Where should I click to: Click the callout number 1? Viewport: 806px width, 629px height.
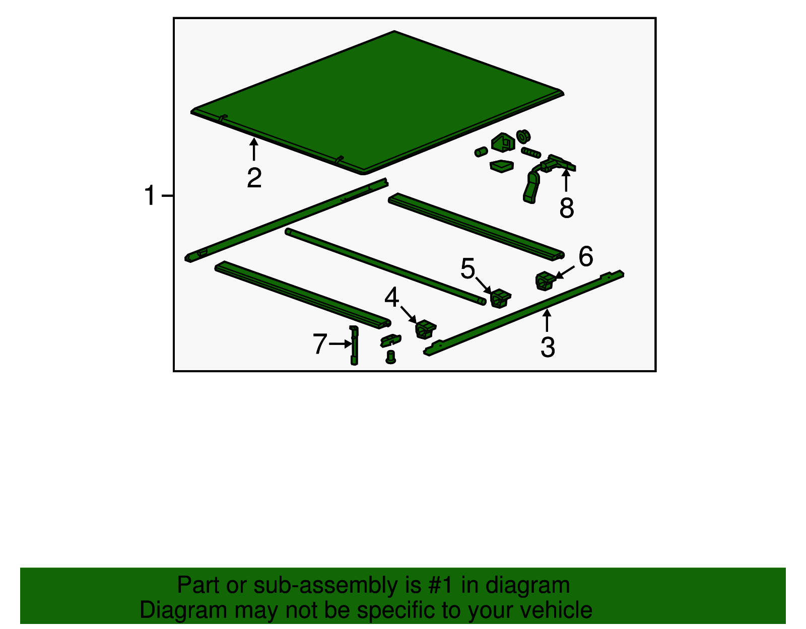pyautogui.click(x=150, y=195)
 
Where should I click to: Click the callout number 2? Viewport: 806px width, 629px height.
pyautogui.click(x=254, y=178)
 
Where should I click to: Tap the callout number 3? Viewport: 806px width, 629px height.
pyautogui.click(x=548, y=347)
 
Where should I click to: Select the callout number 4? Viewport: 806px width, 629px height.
pyautogui.click(x=392, y=297)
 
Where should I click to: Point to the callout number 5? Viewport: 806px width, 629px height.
pyautogui.click(x=467, y=268)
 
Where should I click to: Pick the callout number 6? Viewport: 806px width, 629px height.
pyautogui.click(x=586, y=256)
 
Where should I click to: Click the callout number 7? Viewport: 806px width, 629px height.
pyautogui.click(x=320, y=343)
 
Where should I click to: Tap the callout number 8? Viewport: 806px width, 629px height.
pyautogui.click(x=567, y=207)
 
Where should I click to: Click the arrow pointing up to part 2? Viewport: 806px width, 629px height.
pyautogui.click(x=254, y=149)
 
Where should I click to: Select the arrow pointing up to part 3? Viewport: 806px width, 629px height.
pyautogui.click(x=547, y=320)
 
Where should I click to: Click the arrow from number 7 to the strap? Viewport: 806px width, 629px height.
pyautogui.click(x=341, y=344)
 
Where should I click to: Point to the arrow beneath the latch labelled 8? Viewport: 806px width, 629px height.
pyautogui.click(x=566, y=180)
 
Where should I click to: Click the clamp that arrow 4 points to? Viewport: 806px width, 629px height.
pyautogui.click(x=425, y=329)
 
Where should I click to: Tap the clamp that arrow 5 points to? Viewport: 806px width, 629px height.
pyautogui.click(x=500, y=298)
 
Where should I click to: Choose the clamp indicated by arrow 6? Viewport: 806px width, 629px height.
pyautogui.click(x=545, y=281)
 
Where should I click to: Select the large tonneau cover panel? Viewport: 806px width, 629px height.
pyautogui.click(x=377, y=102)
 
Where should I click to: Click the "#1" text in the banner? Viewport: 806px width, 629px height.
pyautogui.click(x=441, y=585)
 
